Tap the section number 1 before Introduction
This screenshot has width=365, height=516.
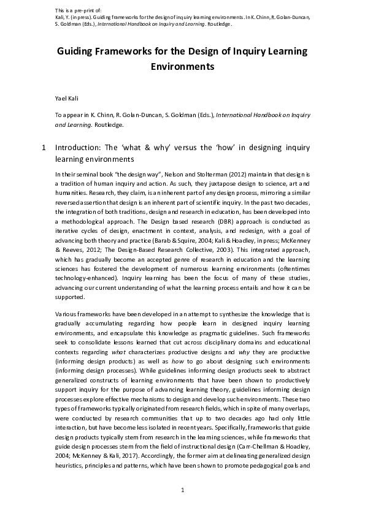(x=43, y=148)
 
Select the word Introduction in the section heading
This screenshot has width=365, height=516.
(x=79, y=148)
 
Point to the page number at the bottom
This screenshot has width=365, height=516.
(x=182, y=490)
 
